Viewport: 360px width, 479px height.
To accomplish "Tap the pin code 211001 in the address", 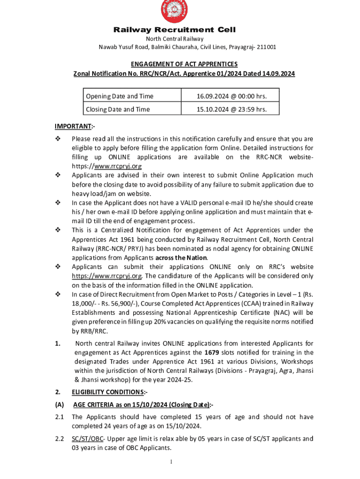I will pos(265,47).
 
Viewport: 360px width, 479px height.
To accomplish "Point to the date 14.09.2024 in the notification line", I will pos(279,73).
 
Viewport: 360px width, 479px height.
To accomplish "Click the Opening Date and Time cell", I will pos(119,96).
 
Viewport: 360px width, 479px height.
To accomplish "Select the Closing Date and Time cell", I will pos(118,109).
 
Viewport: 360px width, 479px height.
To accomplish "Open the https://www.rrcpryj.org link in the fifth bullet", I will pos(107,276).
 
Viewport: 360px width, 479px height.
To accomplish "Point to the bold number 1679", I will pos(213,353).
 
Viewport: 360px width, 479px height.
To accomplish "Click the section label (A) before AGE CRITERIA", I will pos(59,405).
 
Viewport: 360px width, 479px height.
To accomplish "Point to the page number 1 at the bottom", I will pos(172,462).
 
